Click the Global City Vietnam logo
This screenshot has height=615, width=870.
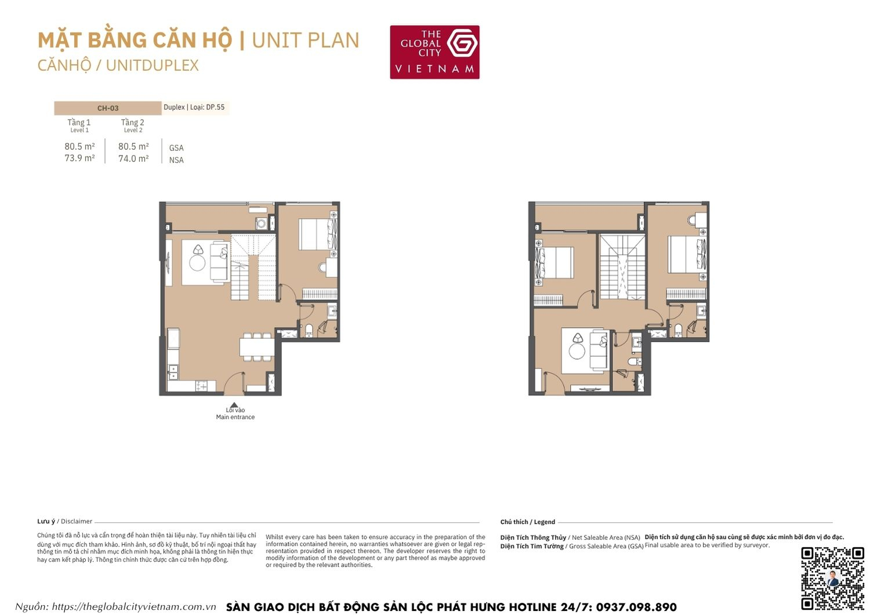click(x=434, y=52)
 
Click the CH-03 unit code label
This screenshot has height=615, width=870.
click(x=108, y=108)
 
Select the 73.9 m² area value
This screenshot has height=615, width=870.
click(x=79, y=158)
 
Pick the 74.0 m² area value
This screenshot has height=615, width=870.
click(x=133, y=158)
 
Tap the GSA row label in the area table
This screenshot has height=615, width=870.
click(x=176, y=148)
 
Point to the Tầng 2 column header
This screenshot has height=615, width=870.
click(x=132, y=122)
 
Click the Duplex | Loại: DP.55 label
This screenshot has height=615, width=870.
click(x=194, y=107)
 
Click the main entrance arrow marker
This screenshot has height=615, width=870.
click(x=233, y=406)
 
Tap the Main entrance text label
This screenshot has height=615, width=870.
click(x=235, y=417)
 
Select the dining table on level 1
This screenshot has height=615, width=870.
click(x=257, y=347)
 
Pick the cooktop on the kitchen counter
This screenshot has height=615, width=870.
click(x=202, y=385)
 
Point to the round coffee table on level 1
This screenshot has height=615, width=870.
click(x=197, y=263)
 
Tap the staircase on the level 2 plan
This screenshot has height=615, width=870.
click(x=622, y=267)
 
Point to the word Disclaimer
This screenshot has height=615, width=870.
click(x=77, y=522)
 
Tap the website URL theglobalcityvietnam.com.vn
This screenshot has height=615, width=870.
click(x=134, y=607)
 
